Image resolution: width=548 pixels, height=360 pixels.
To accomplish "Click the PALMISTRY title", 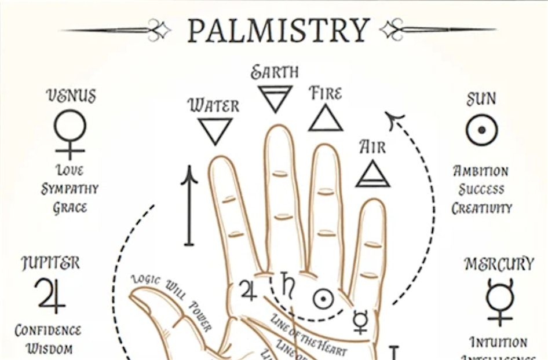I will tap(278, 30).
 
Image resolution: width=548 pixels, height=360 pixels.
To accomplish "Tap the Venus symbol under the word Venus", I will tap(70, 133).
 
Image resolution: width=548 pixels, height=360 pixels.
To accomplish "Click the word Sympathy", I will tap(70, 189).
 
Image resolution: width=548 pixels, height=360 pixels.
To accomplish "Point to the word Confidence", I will tap(48, 331).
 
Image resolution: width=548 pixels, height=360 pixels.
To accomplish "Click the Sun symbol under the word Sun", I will tap(481, 130).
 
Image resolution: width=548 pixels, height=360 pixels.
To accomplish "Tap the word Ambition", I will tap(481, 171).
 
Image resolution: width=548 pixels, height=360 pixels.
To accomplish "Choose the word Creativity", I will tap(482, 207).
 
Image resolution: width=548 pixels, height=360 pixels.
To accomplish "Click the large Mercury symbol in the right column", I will tap(499, 301).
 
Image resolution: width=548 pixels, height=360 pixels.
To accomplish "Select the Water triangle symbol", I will tap(215, 130).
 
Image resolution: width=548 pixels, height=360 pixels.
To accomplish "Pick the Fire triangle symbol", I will tap(326, 117).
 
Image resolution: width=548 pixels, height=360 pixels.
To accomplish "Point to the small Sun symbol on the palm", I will tap(323, 299).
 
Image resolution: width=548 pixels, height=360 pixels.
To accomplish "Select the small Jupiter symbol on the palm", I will tap(248, 289).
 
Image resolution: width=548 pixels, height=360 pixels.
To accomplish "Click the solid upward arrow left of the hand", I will tap(189, 205).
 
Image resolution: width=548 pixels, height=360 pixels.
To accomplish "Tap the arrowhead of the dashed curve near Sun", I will tap(396, 121).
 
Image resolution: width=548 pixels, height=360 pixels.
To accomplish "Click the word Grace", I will tap(70, 207).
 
